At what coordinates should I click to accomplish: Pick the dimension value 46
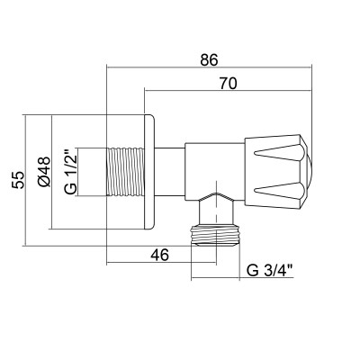[x=159, y=255]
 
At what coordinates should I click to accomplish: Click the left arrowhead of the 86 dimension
[x=110, y=66]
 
